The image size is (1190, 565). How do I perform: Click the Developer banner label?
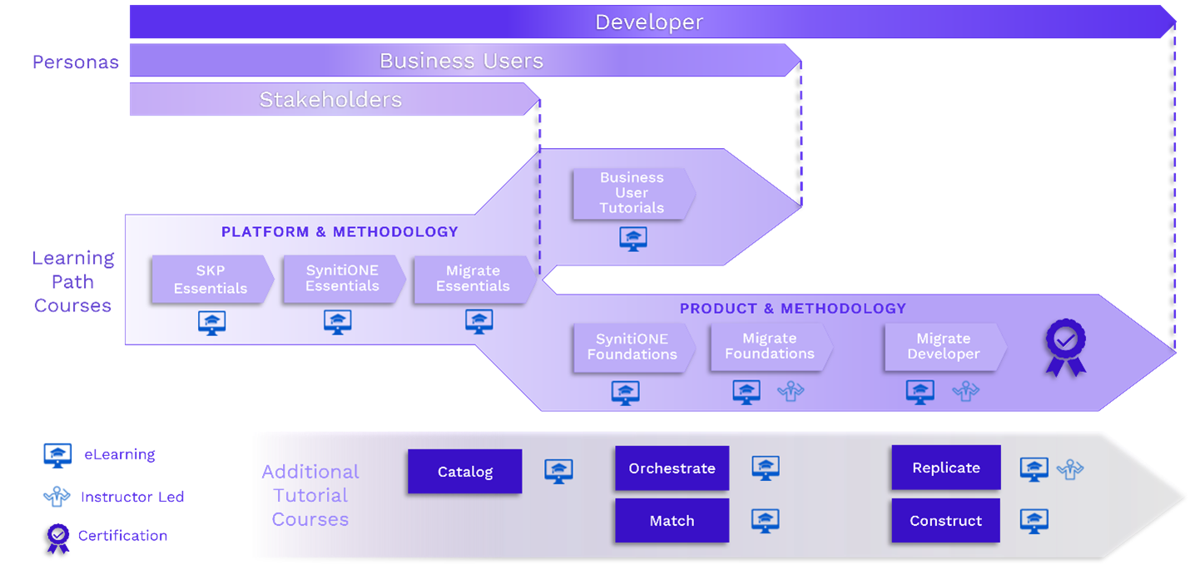tap(649, 22)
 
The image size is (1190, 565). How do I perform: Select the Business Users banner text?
tap(461, 61)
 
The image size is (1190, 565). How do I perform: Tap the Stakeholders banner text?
tap(330, 100)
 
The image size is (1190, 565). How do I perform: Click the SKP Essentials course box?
tap(211, 280)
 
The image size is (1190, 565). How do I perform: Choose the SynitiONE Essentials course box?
tap(342, 279)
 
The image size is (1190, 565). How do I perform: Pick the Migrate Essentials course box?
tap(473, 279)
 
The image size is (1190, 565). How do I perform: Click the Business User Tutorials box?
tap(632, 193)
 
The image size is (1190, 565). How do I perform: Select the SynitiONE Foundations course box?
tap(632, 347)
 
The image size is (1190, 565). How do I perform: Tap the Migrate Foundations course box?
tap(770, 347)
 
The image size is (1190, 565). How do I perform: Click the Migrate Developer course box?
tap(944, 347)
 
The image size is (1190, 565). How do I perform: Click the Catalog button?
tap(464, 472)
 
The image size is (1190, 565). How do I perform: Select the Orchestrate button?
tap(672, 468)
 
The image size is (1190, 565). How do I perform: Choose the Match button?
tap(672, 521)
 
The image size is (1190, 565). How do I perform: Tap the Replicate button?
tap(945, 468)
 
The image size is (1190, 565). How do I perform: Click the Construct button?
tap(945, 521)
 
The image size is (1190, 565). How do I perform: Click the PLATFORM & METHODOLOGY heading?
tap(340, 232)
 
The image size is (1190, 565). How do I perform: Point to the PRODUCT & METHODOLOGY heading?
tap(792, 309)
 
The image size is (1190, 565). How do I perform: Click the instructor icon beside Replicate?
tap(1069, 470)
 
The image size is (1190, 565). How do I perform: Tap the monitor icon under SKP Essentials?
tap(211, 322)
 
